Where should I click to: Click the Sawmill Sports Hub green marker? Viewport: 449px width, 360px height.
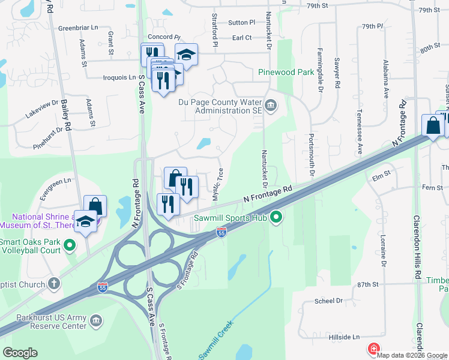click(x=276, y=217)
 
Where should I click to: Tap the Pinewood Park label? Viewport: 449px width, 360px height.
click(x=286, y=72)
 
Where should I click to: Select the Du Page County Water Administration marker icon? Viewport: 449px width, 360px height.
click(x=271, y=106)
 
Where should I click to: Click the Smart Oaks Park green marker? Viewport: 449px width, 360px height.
click(x=70, y=244)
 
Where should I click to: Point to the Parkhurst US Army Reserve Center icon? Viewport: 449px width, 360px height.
click(x=95, y=322)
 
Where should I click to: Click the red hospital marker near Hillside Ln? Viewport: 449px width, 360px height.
click(x=373, y=349)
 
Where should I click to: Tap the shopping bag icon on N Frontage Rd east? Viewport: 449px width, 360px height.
click(x=432, y=125)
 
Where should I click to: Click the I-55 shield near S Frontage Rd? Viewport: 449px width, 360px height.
click(x=221, y=232)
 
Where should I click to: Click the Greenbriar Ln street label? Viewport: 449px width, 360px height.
click(x=78, y=28)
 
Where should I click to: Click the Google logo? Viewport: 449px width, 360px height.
click(x=20, y=353)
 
